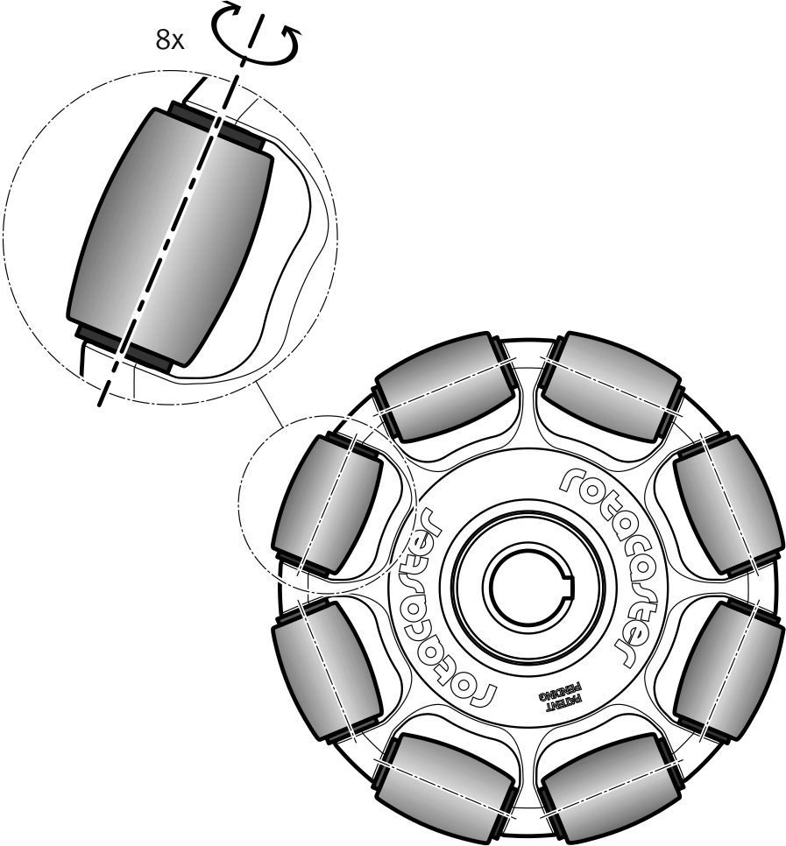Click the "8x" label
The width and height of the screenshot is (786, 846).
click(x=169, y=40)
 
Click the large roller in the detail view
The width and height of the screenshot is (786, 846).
click(x=171, y=236)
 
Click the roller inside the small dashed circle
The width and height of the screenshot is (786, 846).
click(x=329, y=504)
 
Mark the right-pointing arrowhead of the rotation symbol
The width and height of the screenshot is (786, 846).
click(x=294, y=33)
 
